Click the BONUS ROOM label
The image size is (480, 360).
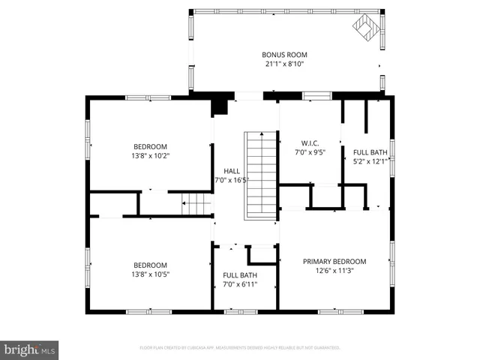pos(284,55)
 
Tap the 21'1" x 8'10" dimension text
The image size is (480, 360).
pos(284,64)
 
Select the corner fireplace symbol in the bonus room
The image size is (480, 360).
pos(367,29)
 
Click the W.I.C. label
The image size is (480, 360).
pos(310,142)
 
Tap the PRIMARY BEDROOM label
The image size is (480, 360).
pos(334,262)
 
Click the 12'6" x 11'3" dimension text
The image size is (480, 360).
pos(334,271)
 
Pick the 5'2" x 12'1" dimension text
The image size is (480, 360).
pos(371,160)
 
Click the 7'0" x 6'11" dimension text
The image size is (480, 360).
pos(240,285)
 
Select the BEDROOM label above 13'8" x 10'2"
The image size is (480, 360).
pos(150,147)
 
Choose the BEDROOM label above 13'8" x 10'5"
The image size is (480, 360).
pos(150,265)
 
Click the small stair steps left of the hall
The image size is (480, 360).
pos(197,203)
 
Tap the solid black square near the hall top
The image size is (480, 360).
pos(219,107)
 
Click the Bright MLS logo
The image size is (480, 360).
pos(30,349)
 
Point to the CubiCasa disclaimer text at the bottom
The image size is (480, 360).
pos(240,348)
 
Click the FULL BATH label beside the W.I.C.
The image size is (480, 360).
pos(371,151)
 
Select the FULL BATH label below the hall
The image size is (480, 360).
pos(240,275)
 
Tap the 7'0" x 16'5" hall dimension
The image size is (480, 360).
pos(231,180)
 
